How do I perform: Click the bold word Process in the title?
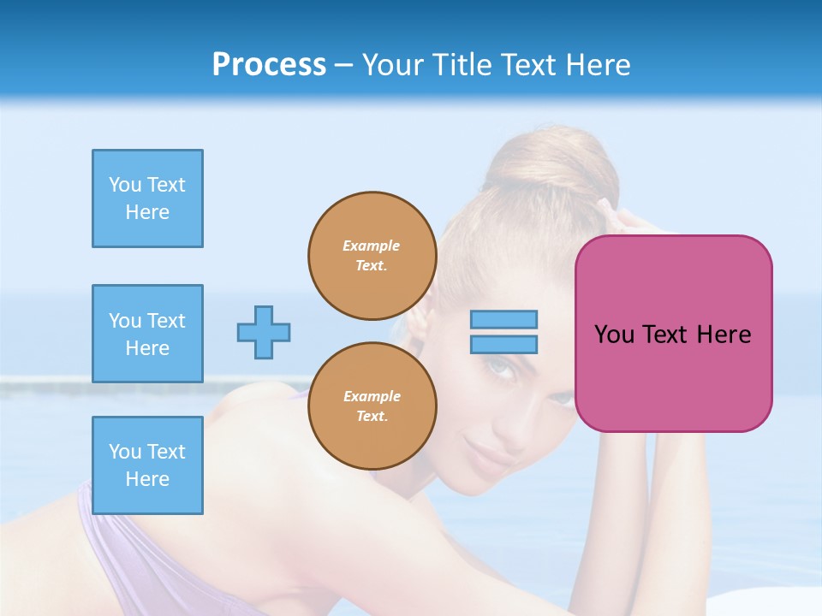(x=269, y=65)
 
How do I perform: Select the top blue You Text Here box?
(x=147, y=198)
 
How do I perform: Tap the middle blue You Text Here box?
(x=147, y=334)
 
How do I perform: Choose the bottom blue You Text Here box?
(x=147, y=465)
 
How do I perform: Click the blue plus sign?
(x=264, y=332)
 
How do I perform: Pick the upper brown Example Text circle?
(x=372, y=256)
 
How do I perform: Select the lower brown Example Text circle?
(x=372, y=406)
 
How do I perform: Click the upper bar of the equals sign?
(x=503, y=319)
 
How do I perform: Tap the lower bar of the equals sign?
(x=503, y=344)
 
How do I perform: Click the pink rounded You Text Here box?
(x=673, y=334)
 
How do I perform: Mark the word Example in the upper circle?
(x=372, y=246)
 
